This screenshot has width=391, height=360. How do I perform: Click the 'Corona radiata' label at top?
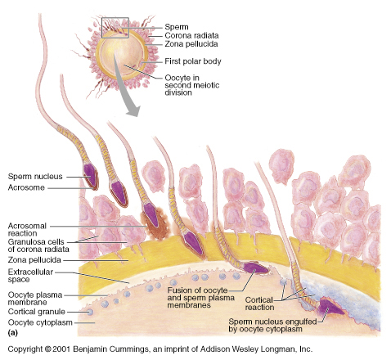[x=191, y=35]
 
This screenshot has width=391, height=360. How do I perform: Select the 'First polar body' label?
[x=193, y=61]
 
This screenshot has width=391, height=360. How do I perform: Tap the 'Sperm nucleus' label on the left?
[x=35, y=177]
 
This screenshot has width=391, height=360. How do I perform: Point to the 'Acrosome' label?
[x=26, y=187]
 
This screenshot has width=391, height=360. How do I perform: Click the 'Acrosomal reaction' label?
[x=27, y=230]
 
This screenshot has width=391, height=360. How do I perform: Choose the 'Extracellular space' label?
[x=30, y=276]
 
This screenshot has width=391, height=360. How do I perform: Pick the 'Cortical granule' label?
[x=37, y=312]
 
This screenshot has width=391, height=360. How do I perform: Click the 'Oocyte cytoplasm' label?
[x=40, y=322]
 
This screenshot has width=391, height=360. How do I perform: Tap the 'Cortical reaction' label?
[x=259, y=304]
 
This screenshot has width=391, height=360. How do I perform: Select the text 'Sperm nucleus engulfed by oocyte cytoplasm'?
[x=272, y=326]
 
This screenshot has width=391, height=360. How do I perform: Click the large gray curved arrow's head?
[x=133, y=110]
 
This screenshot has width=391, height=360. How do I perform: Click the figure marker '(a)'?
[x=13, y=333]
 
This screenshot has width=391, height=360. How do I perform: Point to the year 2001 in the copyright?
[x=61, y=349]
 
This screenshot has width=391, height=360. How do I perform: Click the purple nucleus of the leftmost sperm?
[x=90, y=174]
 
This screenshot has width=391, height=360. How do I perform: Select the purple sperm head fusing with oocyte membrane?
[x=254, y=268]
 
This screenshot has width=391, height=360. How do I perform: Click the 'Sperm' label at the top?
[x=177, y=27]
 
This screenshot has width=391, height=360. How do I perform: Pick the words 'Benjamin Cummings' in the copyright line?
[x=110, y=349]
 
